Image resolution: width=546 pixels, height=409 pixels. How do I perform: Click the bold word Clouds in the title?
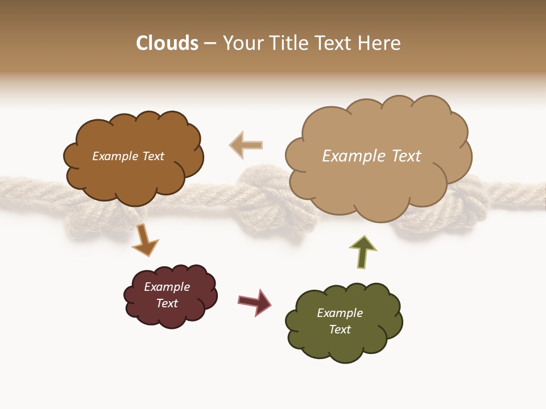coord(167,43)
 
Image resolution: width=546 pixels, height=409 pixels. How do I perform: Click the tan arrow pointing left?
coord(246,145)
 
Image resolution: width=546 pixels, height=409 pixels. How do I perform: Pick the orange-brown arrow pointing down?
coord(144,239)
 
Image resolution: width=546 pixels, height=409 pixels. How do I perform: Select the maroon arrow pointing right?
coord(255,302)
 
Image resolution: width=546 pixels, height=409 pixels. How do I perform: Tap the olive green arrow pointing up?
coord(363,252)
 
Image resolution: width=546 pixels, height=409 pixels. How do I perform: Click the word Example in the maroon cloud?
coord(167,287)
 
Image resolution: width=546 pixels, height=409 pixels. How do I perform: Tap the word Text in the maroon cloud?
coord(167,303)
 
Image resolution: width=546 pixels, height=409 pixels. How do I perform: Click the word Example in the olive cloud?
coord(340,313)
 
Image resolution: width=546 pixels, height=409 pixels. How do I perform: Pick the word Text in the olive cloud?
coord(340,329)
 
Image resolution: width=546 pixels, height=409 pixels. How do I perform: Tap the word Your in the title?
coord(241,43)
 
